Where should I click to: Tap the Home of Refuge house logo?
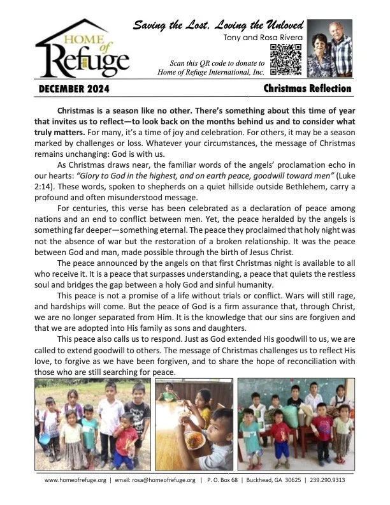point(83,50)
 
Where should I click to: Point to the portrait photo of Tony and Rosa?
point(329,48)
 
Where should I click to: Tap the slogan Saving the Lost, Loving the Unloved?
point(215,26)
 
